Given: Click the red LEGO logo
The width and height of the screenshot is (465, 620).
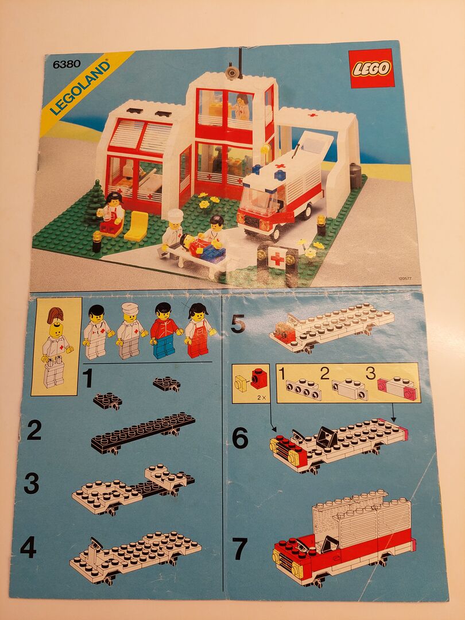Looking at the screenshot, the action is click(x=371, y=68).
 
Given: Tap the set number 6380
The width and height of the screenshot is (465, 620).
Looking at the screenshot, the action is click(x=67, y=64).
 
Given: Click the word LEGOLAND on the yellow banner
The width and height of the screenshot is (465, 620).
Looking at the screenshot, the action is click(x=80, y=88).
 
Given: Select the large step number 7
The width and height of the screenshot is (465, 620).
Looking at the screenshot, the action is click(x=240, y=548).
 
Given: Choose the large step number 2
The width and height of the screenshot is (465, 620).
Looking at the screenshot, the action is click(x=34, y=431).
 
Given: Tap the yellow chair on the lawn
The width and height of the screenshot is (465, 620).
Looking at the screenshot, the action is click(x=137, y=226).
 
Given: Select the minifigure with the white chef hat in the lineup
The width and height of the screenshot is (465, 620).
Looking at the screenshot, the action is click(x=130, y=331).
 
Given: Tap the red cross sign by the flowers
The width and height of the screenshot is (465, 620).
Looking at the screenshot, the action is click(x=277, y=258).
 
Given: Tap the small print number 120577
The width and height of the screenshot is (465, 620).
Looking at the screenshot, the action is click(x=405, y=278).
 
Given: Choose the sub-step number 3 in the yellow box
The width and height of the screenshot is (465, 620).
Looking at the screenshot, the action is click(x=370, y=373).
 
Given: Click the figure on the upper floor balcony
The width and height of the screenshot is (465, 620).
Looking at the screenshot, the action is click(x=242, y=106).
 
